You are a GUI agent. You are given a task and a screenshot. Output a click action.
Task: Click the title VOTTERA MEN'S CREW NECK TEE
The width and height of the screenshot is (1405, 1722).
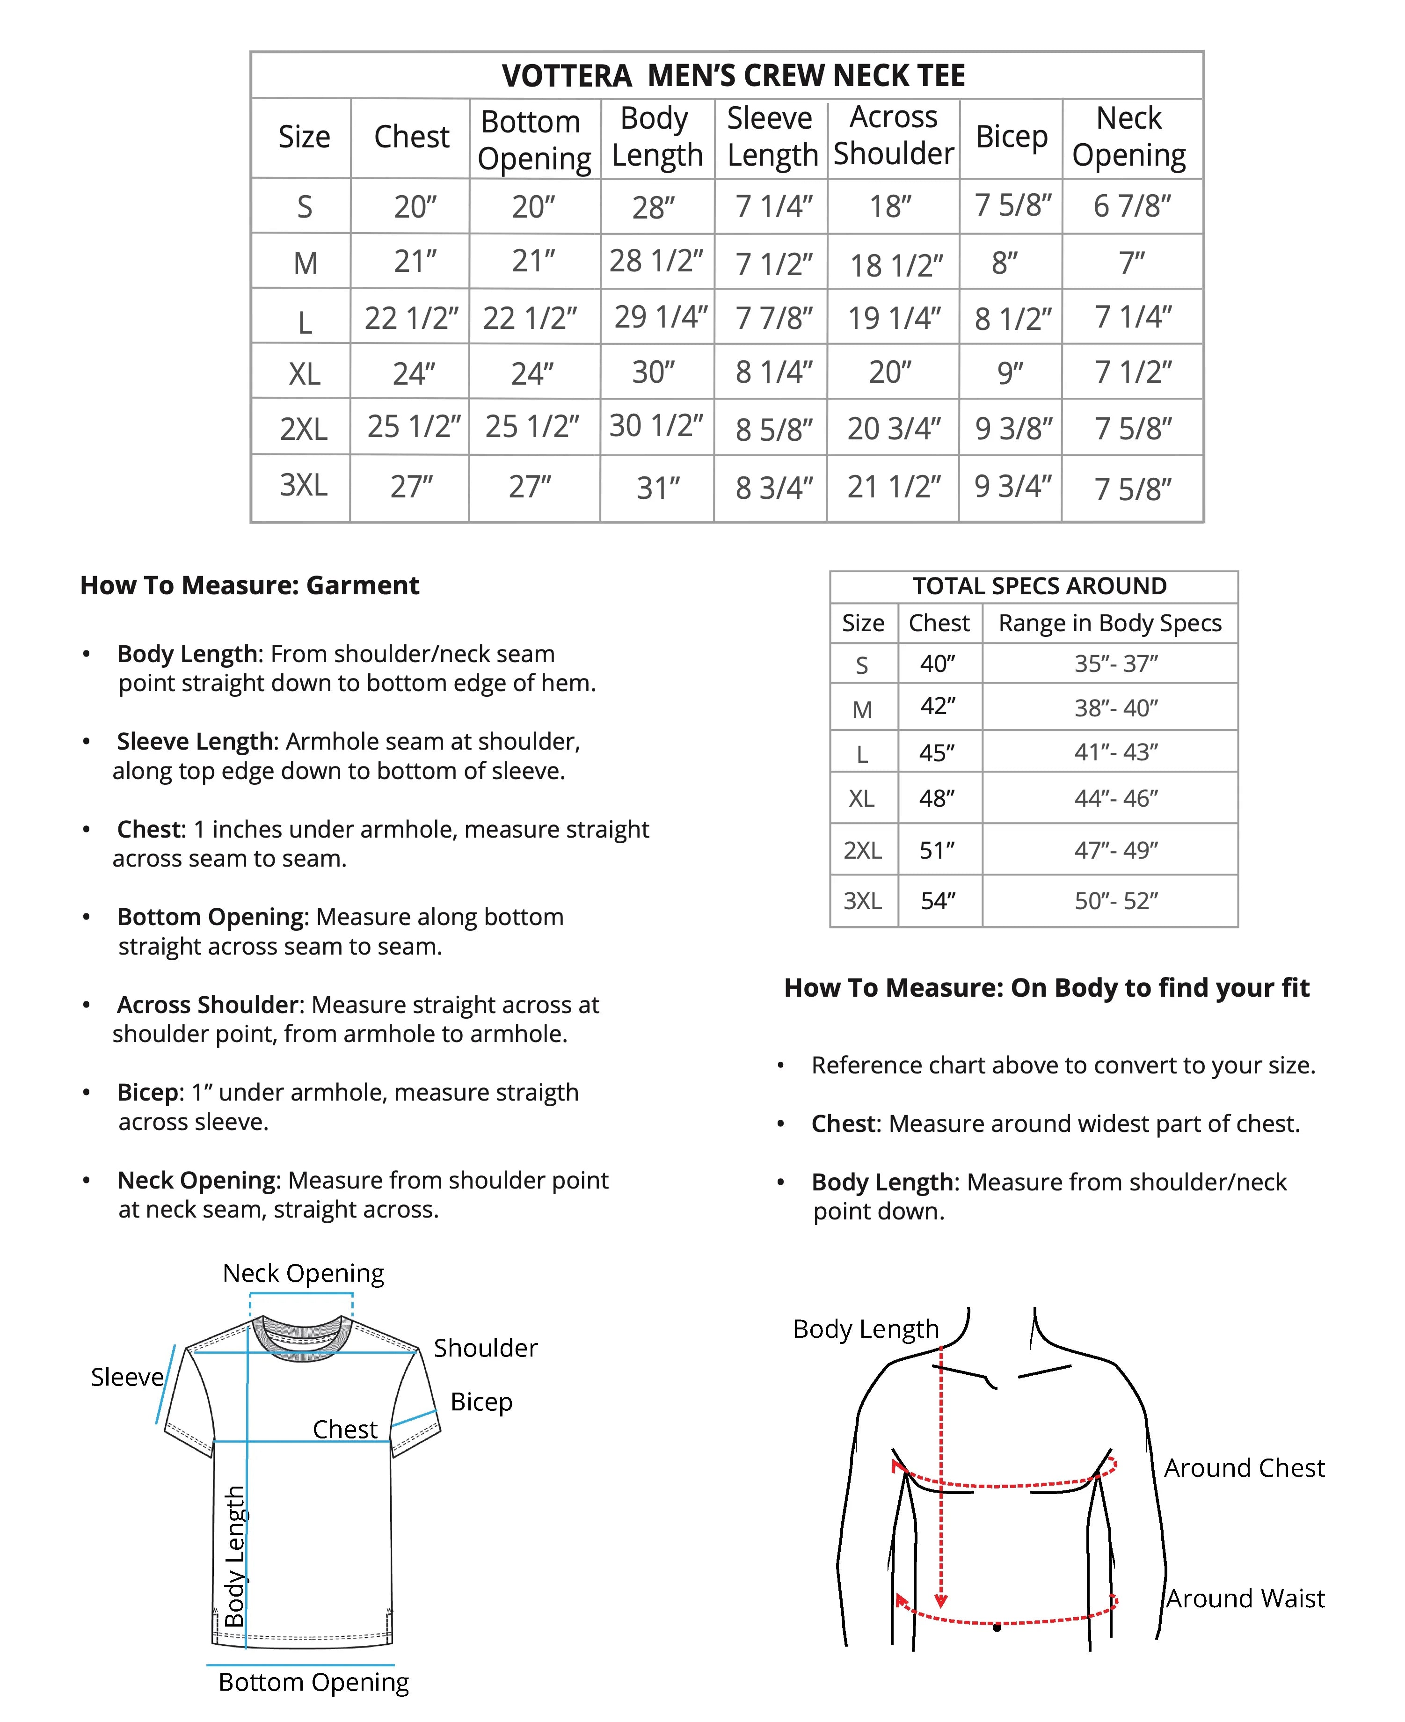(733, 75)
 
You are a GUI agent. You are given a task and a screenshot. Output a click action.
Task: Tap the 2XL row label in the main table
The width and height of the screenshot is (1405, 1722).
(304, 428)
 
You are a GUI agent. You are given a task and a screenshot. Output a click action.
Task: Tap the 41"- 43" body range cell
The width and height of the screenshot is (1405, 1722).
(1115, 752)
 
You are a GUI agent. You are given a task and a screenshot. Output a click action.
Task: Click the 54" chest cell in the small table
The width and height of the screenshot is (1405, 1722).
(938, 900)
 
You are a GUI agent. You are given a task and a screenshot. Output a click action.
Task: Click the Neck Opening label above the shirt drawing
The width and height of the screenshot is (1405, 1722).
(303, 1274)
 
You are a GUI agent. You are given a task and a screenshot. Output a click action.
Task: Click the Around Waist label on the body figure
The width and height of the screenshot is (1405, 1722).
(1245, 1598)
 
